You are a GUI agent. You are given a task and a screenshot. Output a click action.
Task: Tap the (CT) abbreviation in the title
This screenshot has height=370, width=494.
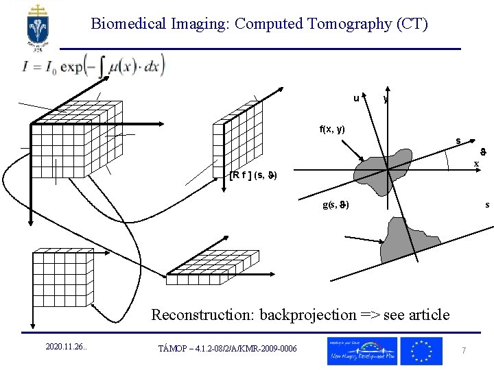pyautogui.click(x=411, y=24)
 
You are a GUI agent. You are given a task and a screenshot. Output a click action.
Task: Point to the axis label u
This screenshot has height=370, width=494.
pyautogui.click(x=356, y=98)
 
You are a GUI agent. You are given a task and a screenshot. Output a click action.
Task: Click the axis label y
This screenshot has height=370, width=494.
pyautogui.click(x=386, y=100)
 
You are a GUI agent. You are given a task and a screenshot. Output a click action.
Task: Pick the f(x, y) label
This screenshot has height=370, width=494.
pyautogui.click(x=332, y=129)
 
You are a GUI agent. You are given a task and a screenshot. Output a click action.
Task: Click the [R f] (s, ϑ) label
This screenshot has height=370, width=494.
pyautogui.click(x=253, y=175)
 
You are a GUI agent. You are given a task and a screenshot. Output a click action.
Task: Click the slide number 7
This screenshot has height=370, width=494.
pyautogui.click(x=464, y=350)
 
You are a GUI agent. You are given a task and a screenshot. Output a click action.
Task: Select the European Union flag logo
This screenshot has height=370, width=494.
pyautogui.click(x=421, y=350)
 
